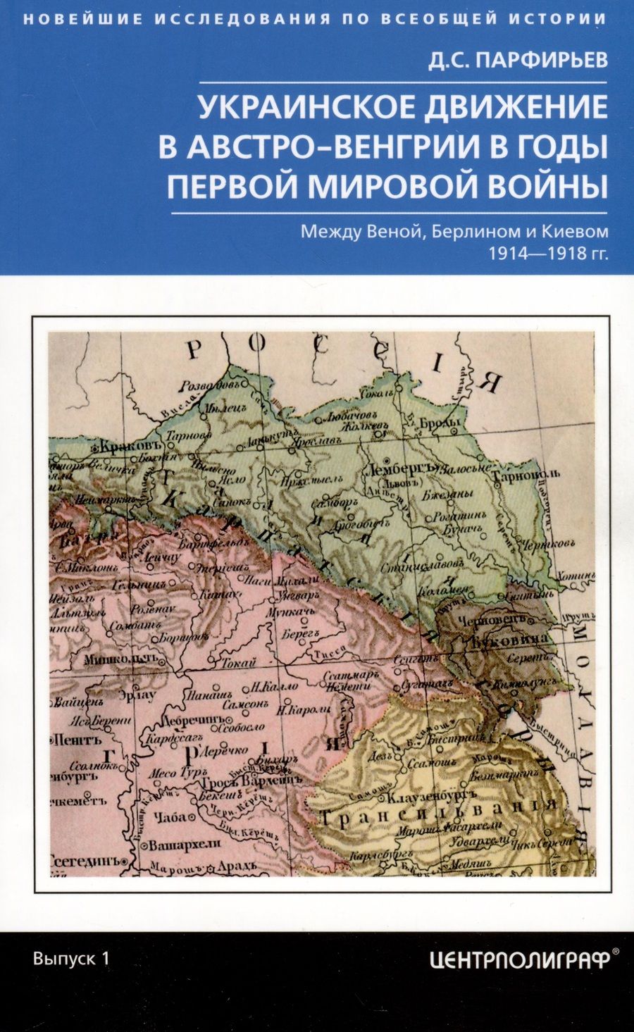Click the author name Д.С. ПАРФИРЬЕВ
coord(518,61)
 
